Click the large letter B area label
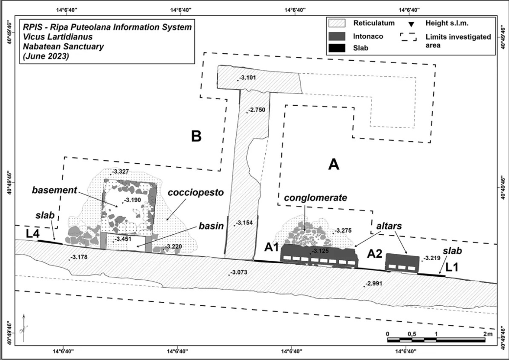click(x=196, y=136)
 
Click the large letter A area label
click(x=333, y=165)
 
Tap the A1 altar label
click(x=272, y=247)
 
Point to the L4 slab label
click(x=33, y=234)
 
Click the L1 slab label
click(x=455, y=268)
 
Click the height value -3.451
click(x=124, y=239)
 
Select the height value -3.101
click(x=247, y=77)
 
